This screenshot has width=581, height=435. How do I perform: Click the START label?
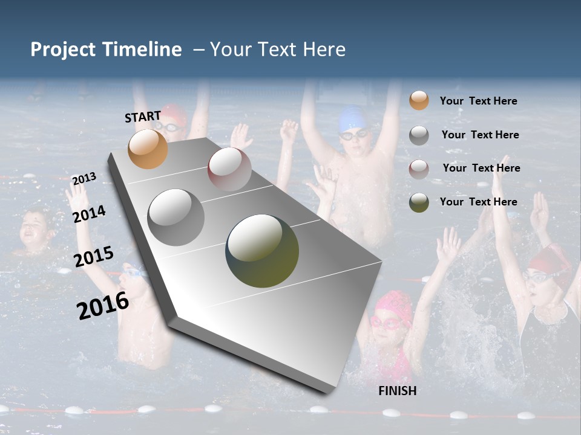(x=143, y=117)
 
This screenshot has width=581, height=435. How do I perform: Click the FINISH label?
(x=398, y=391)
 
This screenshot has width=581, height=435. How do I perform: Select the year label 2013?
(x=84, y=179)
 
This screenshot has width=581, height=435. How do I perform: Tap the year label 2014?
(x=90, y=214)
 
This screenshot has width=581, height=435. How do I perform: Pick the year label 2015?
(x=94, y=257)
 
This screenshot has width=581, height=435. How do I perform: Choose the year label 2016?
(x=103, y=305)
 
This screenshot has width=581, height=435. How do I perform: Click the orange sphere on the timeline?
(x=148, y=149)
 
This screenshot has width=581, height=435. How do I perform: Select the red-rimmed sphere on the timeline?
(x=229, y=169)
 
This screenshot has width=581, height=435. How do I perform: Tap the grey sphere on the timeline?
(x=176, y=217)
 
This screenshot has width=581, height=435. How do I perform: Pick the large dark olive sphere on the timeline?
(x=262, y=251)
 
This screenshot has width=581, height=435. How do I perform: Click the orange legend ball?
(x=419, y=101)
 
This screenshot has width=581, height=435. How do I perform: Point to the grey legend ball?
(x=419, y=135)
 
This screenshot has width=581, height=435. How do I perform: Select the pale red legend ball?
(x=419, y=169)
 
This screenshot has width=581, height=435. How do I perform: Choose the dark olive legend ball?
(x=419, y=202)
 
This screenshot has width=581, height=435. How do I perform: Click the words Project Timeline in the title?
(x=106, y=50)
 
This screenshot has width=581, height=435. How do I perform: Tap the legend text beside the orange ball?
(x=478, y=101)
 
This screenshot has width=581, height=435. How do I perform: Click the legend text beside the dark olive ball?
(x=478, y=202)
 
